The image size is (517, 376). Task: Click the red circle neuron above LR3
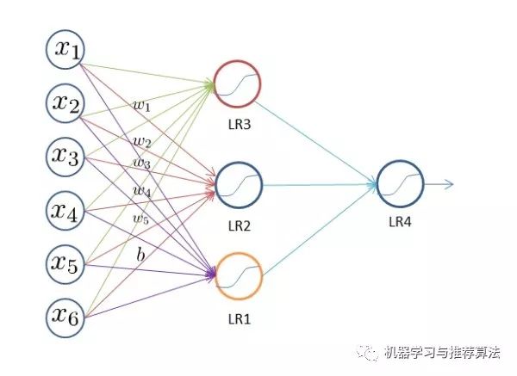click(x=238, y=83)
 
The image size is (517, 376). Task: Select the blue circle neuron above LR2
click(x=238, y=183)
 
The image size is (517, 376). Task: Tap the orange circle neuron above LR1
click(x=238, y=274)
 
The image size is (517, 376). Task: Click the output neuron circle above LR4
click(x=400, y=183)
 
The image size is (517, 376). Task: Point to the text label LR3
click(x=239, y=126)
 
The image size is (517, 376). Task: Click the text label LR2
click(x=239, y=225)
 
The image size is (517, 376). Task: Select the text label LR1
click(x=239, y=317)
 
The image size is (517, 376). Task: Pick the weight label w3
click(x=141, y=162)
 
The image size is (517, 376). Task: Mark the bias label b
click(x=140, y=255)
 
